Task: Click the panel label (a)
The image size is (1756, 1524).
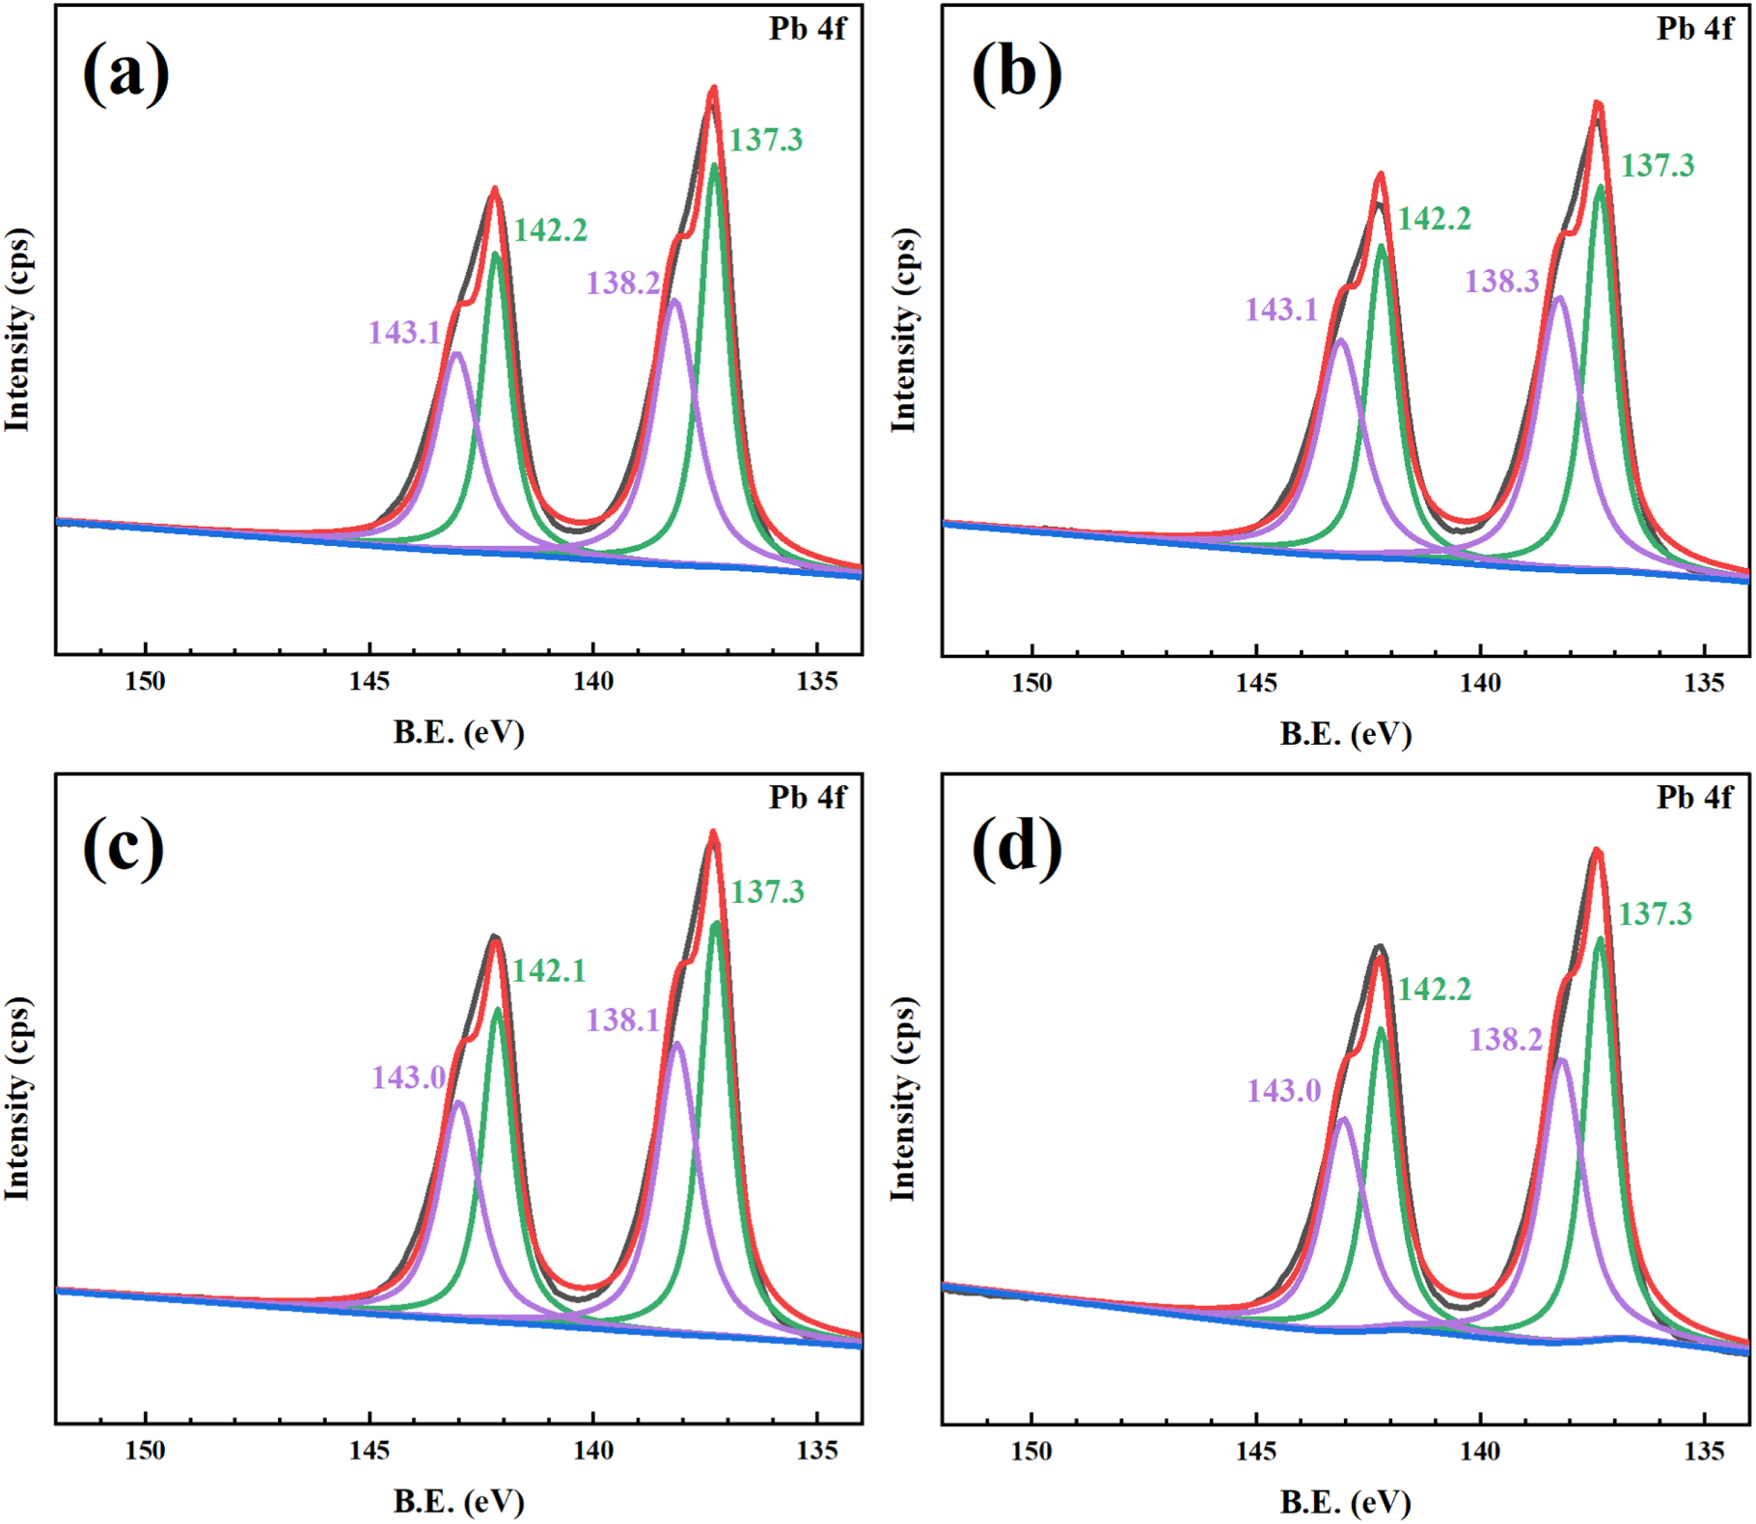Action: pyautogui.click(x=126, y=75)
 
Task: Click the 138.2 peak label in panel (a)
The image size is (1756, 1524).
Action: pyautogui.click(x=623, y=284)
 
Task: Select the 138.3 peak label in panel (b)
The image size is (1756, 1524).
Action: pyautogui.click(x=1502, y=282)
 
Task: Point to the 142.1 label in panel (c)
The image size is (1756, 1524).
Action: pyautogui.click(x=549, y=970)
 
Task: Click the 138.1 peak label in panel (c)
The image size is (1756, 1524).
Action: pyautogui.click(x=623, y=1021)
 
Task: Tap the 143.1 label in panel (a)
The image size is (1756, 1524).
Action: pyautogui.click(x=404, y=333)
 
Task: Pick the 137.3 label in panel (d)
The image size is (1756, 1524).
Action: pyautogui.click(x=1655, y=914)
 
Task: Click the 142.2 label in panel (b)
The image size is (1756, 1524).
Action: pyautogui.click(x=1435, y=220)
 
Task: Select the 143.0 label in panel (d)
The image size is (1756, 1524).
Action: pyautogui.click(x=1283, y=1091)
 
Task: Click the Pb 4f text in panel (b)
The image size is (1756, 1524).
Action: pyautogui.click(x=1695, y=30)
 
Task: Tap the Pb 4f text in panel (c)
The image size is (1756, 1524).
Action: pyautogui.click(x=808, y=798)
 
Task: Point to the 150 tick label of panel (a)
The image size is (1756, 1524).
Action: pyautogui.click(x=146, y=682)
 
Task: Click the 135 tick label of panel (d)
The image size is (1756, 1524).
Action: pyautogui.click(x=1704, y=1452)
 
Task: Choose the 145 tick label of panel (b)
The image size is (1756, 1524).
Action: pyautogui.click(x=1255, y=683)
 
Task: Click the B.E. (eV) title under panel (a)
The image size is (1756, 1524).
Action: pyautogui.click(x=458, y=733)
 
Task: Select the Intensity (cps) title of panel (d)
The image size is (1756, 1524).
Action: pyautogui.click(x=903, y=1100)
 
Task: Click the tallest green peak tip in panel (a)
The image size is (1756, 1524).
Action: pyautogui.click(x=714, y=166)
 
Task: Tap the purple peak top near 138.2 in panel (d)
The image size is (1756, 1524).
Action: pyautogui.click(x=1560, y=1060)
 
